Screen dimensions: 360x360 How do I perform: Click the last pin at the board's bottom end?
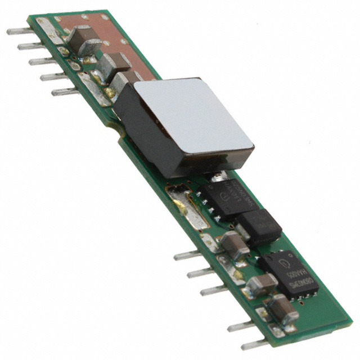pos(247,344)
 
